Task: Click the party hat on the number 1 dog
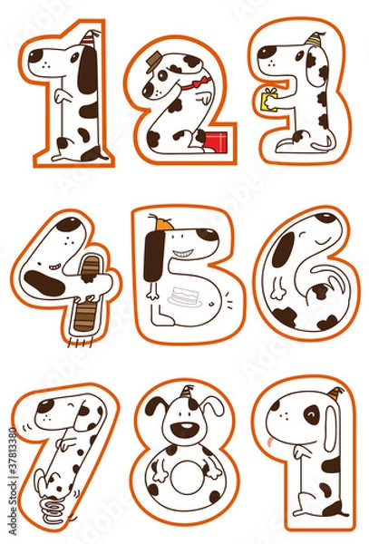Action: [88, 39]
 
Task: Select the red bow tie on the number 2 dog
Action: [187, 87]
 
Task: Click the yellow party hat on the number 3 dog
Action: [314, 39]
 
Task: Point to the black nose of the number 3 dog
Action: [261, 53]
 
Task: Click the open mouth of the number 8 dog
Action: [185, 432]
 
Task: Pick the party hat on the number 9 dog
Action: [336, 396]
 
